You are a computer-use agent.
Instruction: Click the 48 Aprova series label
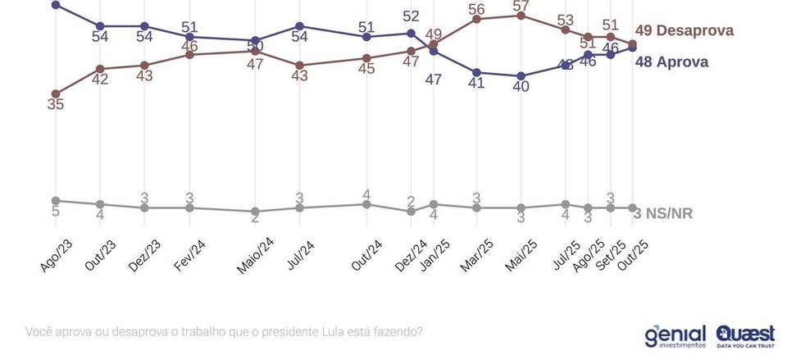pos(671,62)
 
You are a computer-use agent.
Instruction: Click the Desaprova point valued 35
pos(55,93)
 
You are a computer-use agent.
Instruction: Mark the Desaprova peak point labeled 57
pos(521,15)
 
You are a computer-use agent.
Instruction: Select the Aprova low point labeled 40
pos(521,75)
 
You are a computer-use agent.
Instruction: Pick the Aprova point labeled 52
pos(412,33)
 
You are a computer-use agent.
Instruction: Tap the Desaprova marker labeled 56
pos(476,18)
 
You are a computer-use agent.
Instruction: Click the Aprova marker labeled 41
pos(476,72)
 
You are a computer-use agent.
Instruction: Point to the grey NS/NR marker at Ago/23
pos(55,200)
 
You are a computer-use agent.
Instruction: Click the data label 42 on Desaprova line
pos(99,80)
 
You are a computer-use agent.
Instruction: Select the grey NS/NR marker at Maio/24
pos(255,211)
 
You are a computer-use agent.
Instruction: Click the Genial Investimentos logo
pos(675,335)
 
